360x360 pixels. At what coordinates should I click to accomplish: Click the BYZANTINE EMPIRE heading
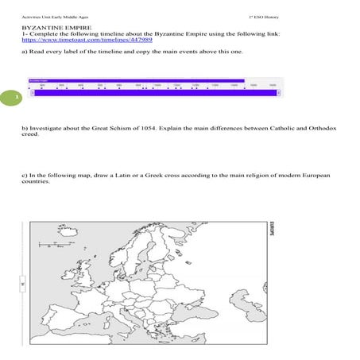click(48, 26)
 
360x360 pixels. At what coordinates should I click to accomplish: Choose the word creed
click(29, 134)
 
